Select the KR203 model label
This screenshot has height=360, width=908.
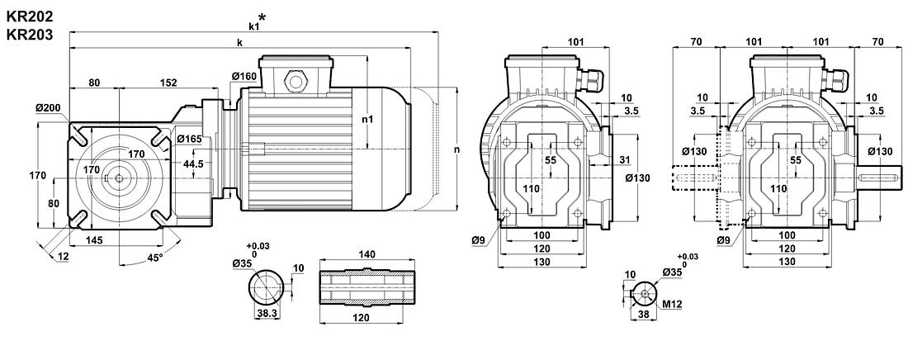tap(30, 35)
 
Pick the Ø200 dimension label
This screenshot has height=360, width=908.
tap(49, 108)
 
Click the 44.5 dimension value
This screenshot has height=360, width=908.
tap(193, 164)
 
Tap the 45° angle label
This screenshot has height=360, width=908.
tap(154, 257)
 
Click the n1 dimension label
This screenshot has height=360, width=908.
tap(368, 119)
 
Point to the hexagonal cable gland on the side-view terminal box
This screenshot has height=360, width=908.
tap(294, 81)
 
